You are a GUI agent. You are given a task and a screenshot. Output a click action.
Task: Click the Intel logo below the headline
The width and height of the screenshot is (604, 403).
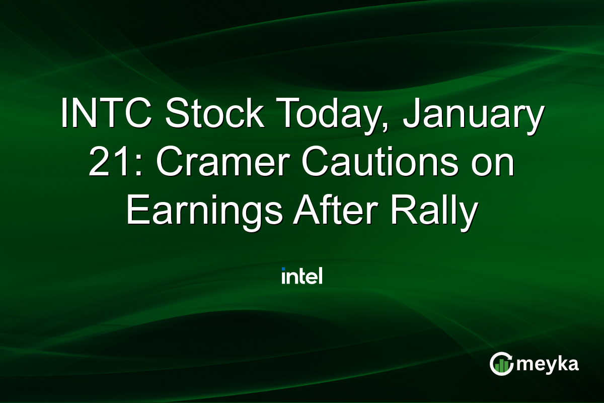tap(302, 276)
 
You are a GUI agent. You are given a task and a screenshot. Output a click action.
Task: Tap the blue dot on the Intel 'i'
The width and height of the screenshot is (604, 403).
tap(284, 269)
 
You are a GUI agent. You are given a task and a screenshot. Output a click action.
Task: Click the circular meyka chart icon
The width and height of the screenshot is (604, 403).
tap(501, 364)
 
